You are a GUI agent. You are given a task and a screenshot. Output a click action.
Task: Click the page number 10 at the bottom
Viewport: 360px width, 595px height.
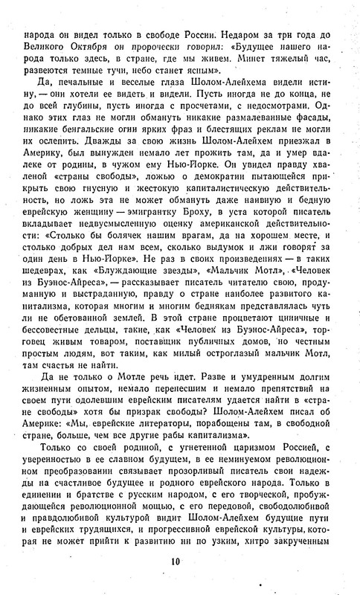click(180, 562)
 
